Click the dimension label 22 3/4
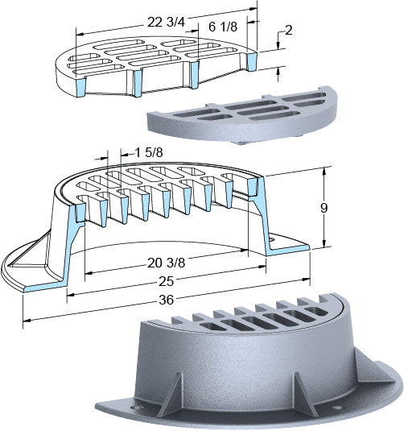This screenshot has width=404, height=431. pyautogui.click(x=166, y=23)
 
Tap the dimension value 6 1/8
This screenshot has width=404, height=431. pyautogui.click(x=223, y=27)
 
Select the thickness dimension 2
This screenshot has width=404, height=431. pyautogui.click(x=288, y=31)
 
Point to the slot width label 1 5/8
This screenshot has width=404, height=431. pyautogui.click(x=149, y=152)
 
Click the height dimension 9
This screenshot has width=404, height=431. pyautogui.click(x=324, y=209)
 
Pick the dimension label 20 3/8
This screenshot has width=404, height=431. pyautogui.click(x=166, y=263)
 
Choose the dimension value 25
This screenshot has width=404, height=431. pyautogui.click(x=166, y=282)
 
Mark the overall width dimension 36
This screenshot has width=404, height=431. pyautogui.click(x=166, y=300)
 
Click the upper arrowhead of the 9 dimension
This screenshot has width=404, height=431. pyautogui.click(x=324, y=171)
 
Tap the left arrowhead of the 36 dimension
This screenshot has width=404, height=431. pyautogui.click(x=27, y=320)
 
